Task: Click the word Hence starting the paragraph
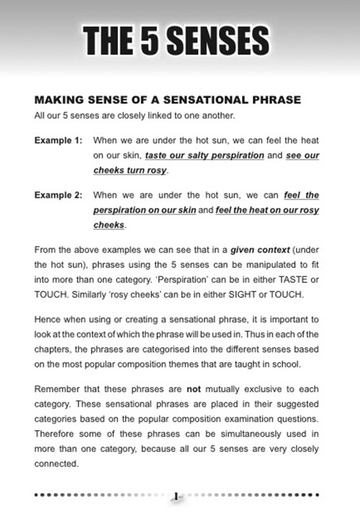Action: coord(48,319)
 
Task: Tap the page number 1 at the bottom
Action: coord(176,496)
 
